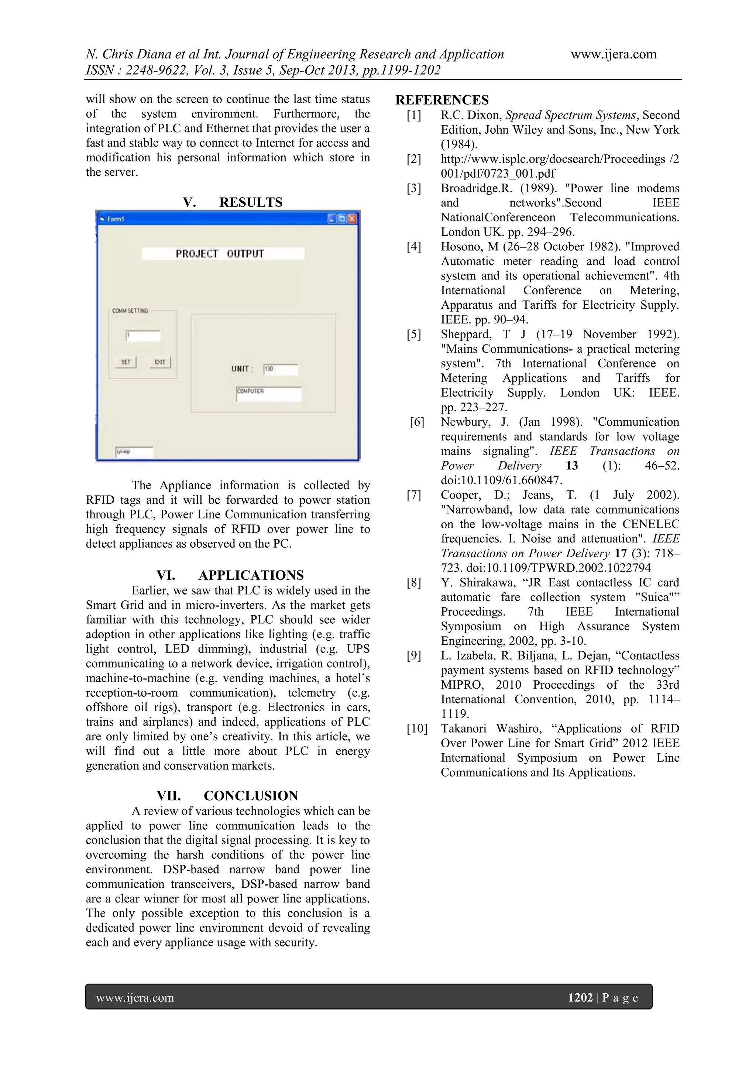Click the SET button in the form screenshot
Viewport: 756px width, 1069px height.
[126, 362]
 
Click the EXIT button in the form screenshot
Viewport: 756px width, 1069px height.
[160, 362]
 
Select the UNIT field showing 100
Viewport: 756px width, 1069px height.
[281, 369]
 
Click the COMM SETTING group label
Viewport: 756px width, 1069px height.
[130, 311]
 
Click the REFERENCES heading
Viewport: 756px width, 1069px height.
[442, 100]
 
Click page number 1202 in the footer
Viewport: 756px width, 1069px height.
[580, 997]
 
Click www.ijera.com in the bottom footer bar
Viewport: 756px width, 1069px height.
[135, 997]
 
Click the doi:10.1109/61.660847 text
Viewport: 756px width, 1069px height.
[502, 480]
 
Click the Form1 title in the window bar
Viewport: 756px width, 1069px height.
[116, 219]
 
